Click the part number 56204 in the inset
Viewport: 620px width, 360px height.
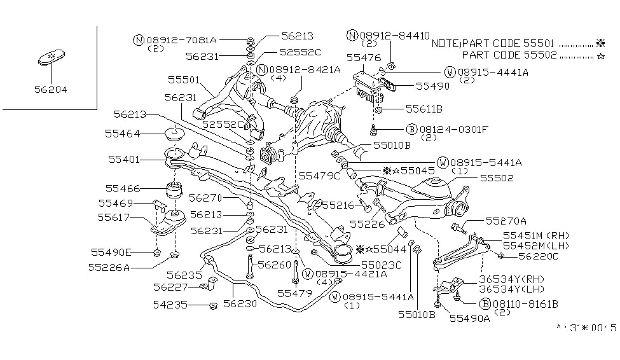pyautogui.click(x=51, y=90)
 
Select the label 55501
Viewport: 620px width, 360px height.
pyautogui.click(x=184, y=81)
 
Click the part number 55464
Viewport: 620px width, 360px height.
pyautogui.click(x=123, y=134)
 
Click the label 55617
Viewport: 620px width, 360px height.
pyautogui.click(x=115, y=217)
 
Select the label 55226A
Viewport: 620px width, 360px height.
pyautogui.click(x=111, y=268)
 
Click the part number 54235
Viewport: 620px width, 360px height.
pyautogui.click(x=170, y=305)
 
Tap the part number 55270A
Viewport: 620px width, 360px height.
pyautogui.click(x=506, y=221)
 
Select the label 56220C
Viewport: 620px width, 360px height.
pyautogui.click(x=538, y=256)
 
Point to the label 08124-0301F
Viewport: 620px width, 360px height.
pyautogui.click(x=452, y=129)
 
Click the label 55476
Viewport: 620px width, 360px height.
pyautogui.click(x=363, y=57)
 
